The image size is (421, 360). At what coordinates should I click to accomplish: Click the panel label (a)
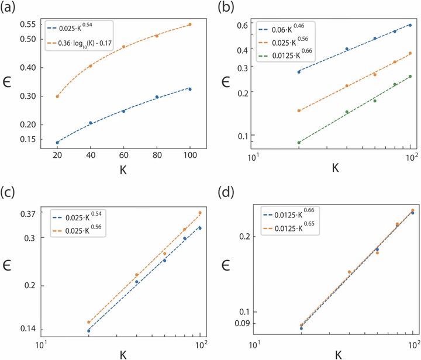coord(10,8)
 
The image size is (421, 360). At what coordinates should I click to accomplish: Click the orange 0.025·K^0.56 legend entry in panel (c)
coord(77,226)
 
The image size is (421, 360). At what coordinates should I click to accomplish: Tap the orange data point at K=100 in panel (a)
coord(190,25)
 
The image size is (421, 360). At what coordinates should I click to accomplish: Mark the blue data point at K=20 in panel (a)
coord(57,142)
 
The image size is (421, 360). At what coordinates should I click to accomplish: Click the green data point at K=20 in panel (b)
coord(299,142)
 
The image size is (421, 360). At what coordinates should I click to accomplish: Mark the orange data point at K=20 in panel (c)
coord(89,322)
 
